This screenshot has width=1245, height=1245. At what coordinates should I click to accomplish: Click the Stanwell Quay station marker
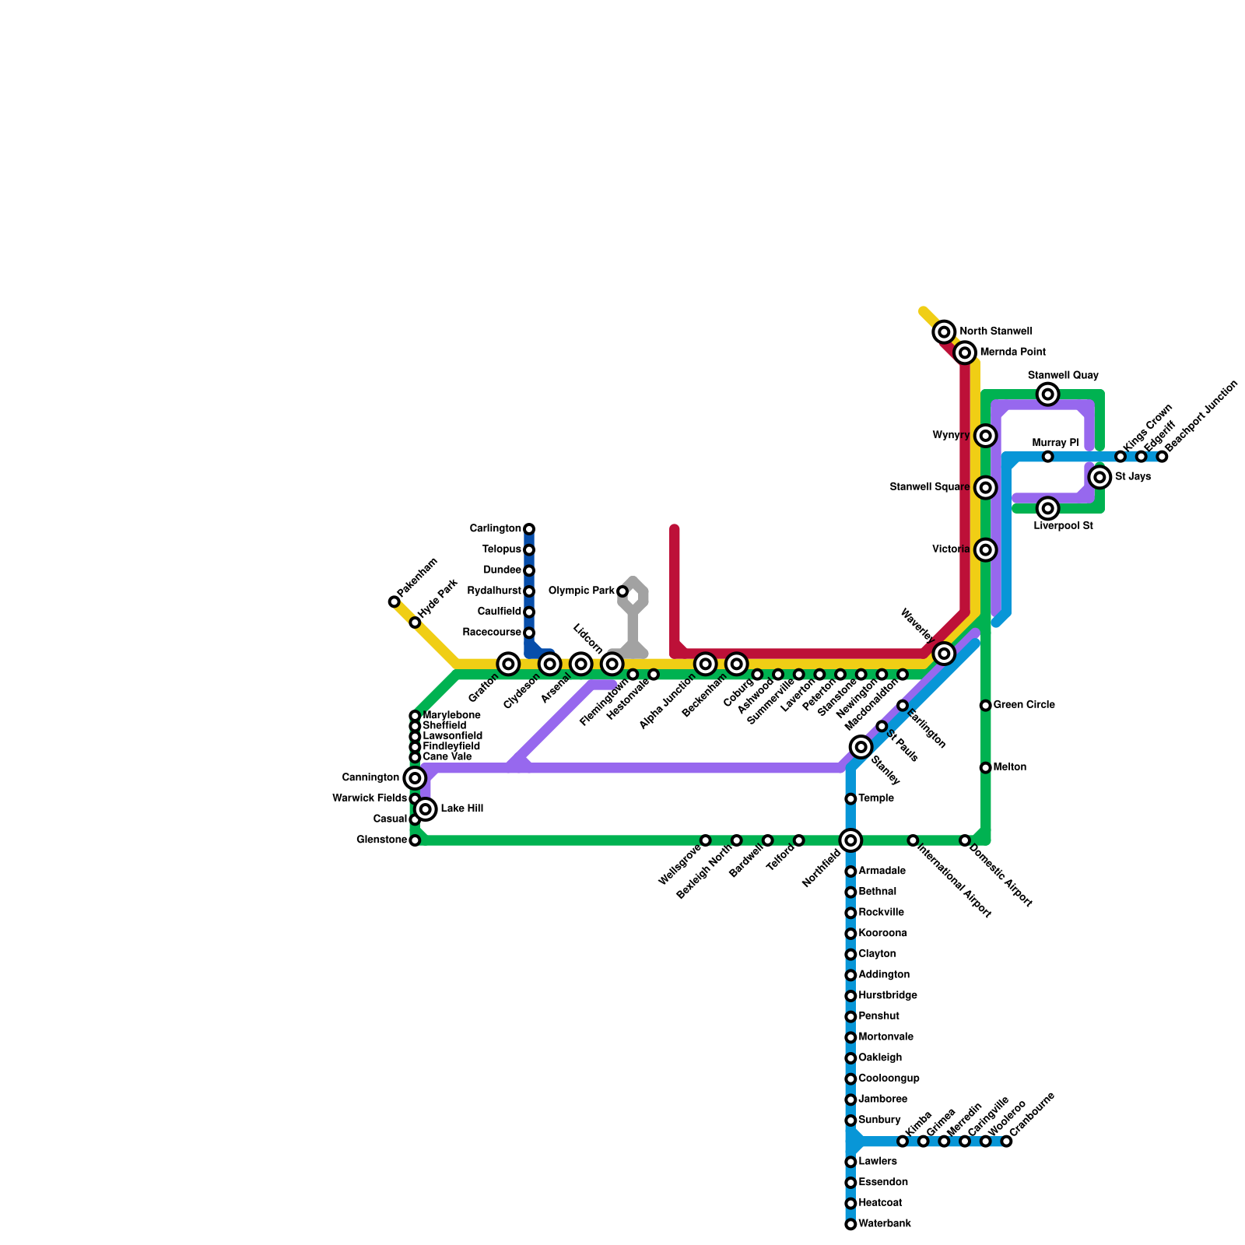coord(1048,395)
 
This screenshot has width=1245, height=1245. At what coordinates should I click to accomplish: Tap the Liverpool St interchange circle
coord(1048,509)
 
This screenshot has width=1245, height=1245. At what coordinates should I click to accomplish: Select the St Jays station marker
coord(1099,477)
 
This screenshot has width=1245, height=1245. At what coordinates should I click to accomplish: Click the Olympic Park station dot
coord(622,592)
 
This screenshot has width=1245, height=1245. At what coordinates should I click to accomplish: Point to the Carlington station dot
coord(529,529)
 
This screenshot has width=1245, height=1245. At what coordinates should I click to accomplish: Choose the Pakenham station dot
coord(395,601)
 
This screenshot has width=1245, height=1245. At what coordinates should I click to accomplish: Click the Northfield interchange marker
coord(850,840)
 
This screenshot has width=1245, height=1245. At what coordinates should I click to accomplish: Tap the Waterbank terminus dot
coord(850,1225)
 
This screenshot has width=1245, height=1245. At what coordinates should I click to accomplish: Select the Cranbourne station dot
coord(1006,1142)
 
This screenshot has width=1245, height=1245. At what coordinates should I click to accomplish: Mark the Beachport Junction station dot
coord(1162,457)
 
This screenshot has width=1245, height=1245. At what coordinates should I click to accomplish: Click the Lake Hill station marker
coord(426,810)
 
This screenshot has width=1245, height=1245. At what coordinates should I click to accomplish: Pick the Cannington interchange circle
coord(415,777)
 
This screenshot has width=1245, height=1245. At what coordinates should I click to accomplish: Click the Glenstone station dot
coord(415,840)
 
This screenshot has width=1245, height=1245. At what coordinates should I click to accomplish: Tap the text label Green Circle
coord(1024,705)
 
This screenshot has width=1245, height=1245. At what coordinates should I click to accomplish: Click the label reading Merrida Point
coord(1012,352)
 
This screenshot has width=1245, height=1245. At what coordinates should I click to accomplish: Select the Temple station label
coord(876,798)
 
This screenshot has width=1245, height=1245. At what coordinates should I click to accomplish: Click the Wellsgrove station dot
coord(705,840)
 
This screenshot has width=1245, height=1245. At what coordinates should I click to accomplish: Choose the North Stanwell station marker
coord(944,332)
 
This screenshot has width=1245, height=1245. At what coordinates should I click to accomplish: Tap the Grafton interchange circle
coord(508,664)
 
